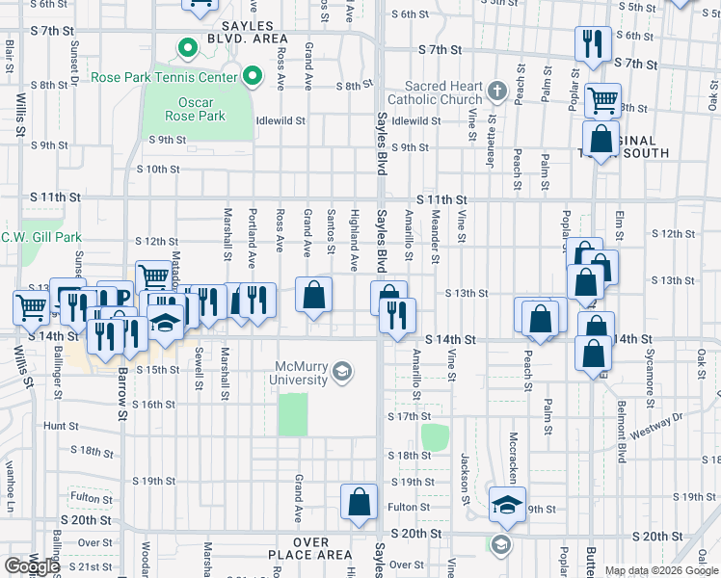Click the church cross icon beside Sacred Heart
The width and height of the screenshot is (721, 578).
coord(497,92)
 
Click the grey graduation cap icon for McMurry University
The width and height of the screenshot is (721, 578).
coord(341,372)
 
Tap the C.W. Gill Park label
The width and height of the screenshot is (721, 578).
coord(40,237)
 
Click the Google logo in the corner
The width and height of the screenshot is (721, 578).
coord(31,566)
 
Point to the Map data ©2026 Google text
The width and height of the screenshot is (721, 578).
coord(661,570)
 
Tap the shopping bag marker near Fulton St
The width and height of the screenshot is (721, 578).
coord(359,501)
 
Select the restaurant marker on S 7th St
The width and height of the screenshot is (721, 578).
coord(591,43)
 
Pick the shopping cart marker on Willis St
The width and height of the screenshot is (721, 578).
coord(31,308)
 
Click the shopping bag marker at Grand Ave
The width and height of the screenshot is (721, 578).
coord(314,295)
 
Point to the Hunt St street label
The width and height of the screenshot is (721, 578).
coord(61,425)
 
